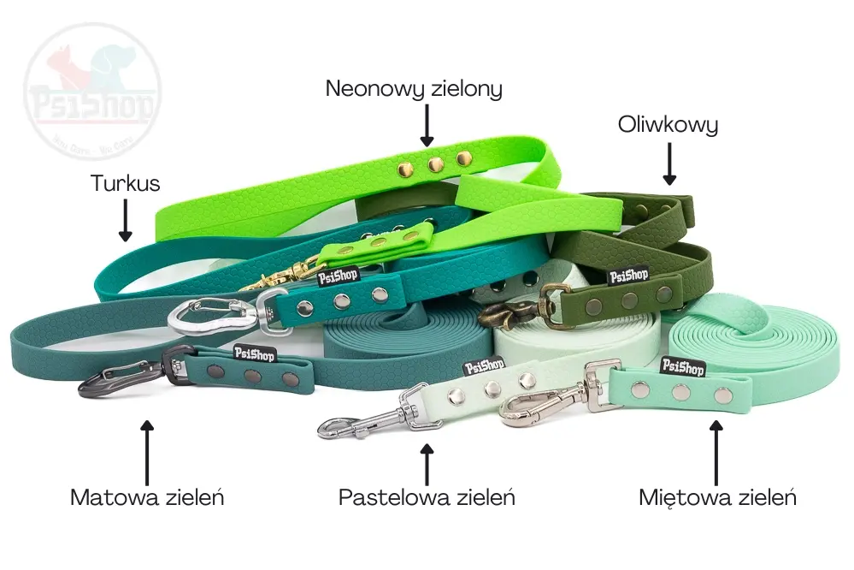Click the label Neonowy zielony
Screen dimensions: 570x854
point(413,89)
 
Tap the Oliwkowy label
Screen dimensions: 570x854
point(668,126)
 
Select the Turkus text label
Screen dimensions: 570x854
point(126,183)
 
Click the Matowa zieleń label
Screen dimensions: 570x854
point(147,497)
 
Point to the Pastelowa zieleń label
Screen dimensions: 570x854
point(427,497)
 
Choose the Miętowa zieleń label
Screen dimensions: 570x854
point(717,497)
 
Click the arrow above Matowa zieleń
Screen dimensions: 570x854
point(147,450)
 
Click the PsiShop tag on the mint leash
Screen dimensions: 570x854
point(682,366)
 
